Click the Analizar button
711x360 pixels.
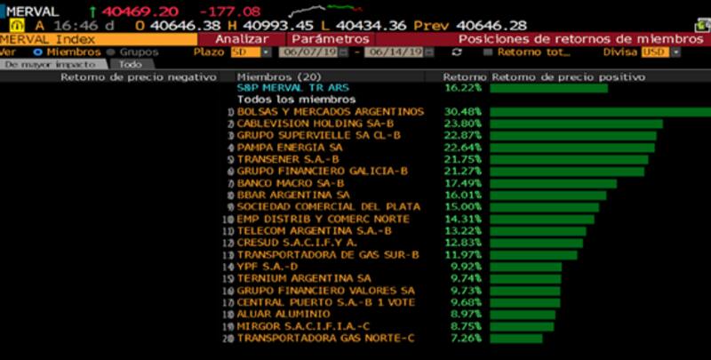[243, 39]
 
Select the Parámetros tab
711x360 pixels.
[330, 39]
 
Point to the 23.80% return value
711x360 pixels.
[462, 124]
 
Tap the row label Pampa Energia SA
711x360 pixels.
[290, 147]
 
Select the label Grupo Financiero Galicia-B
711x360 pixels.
[322, 170]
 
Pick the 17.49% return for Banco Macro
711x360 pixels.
[462, 181]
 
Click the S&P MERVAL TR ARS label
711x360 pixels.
[294, 88]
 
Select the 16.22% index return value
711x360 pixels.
[462, 88]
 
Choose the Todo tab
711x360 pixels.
[130, 65]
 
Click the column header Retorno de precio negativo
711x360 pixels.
[139, 77]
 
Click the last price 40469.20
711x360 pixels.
[140, 11]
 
